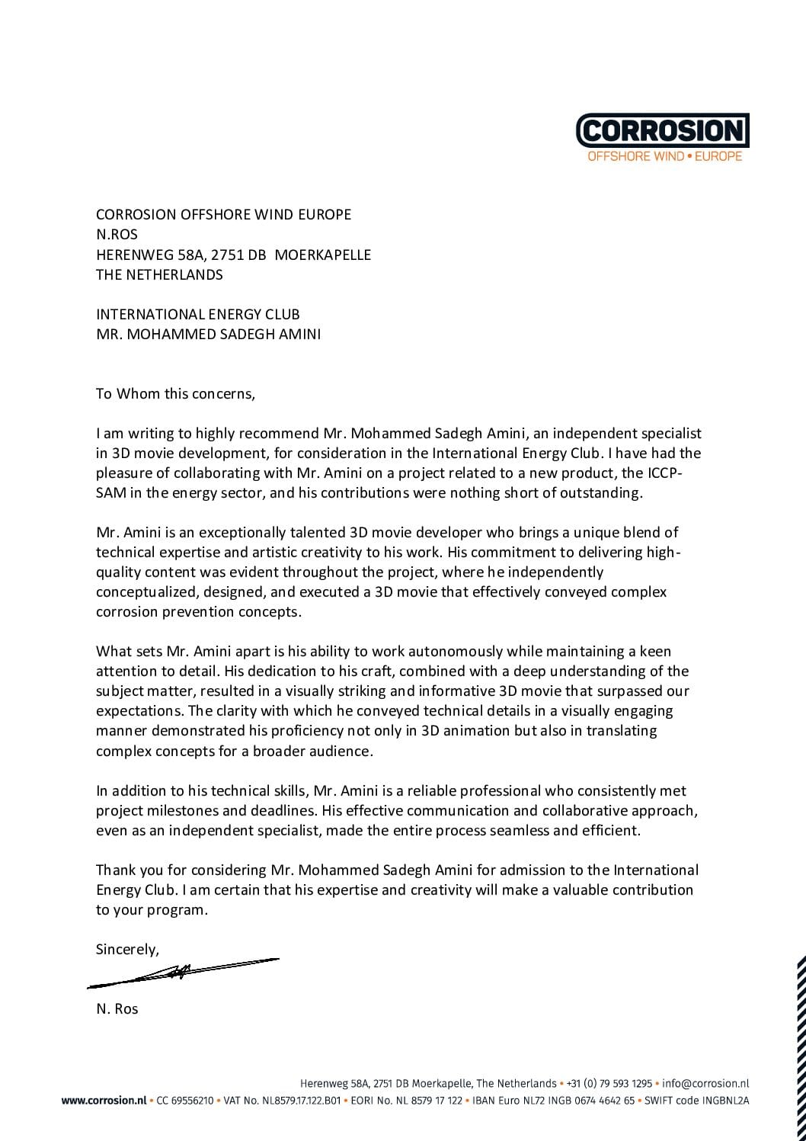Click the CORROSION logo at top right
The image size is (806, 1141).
click(x=663, y=130)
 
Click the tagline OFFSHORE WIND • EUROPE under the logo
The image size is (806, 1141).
click(x=664, y=156)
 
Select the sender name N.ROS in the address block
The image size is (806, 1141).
click(x=117, y=235)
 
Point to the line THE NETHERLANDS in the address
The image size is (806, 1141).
click(x=159, y=274)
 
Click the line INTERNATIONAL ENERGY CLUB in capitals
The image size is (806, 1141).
click(x=197, y=314)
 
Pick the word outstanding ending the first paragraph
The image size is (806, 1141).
click(x=601, y=492)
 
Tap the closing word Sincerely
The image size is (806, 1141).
click(x=127, y=950)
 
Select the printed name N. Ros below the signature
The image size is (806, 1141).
click(x=117, y=1008)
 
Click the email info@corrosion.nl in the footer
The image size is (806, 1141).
click(x=705, y=1083)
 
